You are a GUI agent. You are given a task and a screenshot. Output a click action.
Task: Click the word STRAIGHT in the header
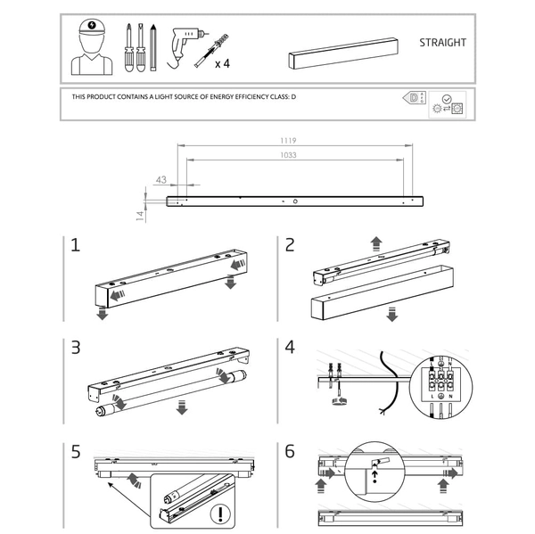point(442,42)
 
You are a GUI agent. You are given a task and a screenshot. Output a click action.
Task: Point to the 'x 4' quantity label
point(222,64)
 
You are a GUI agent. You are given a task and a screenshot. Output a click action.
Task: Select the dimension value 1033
point(287,155)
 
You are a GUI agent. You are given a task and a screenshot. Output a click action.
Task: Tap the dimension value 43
point(160,179)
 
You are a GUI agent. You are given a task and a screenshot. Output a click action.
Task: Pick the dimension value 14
point(140,215)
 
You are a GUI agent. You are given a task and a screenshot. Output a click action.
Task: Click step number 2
point(290,244)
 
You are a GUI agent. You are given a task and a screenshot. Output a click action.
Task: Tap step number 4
point(290,347)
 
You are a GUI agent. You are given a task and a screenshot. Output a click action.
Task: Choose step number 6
point(290,450)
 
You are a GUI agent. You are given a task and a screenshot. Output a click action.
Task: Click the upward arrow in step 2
point(376,242)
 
